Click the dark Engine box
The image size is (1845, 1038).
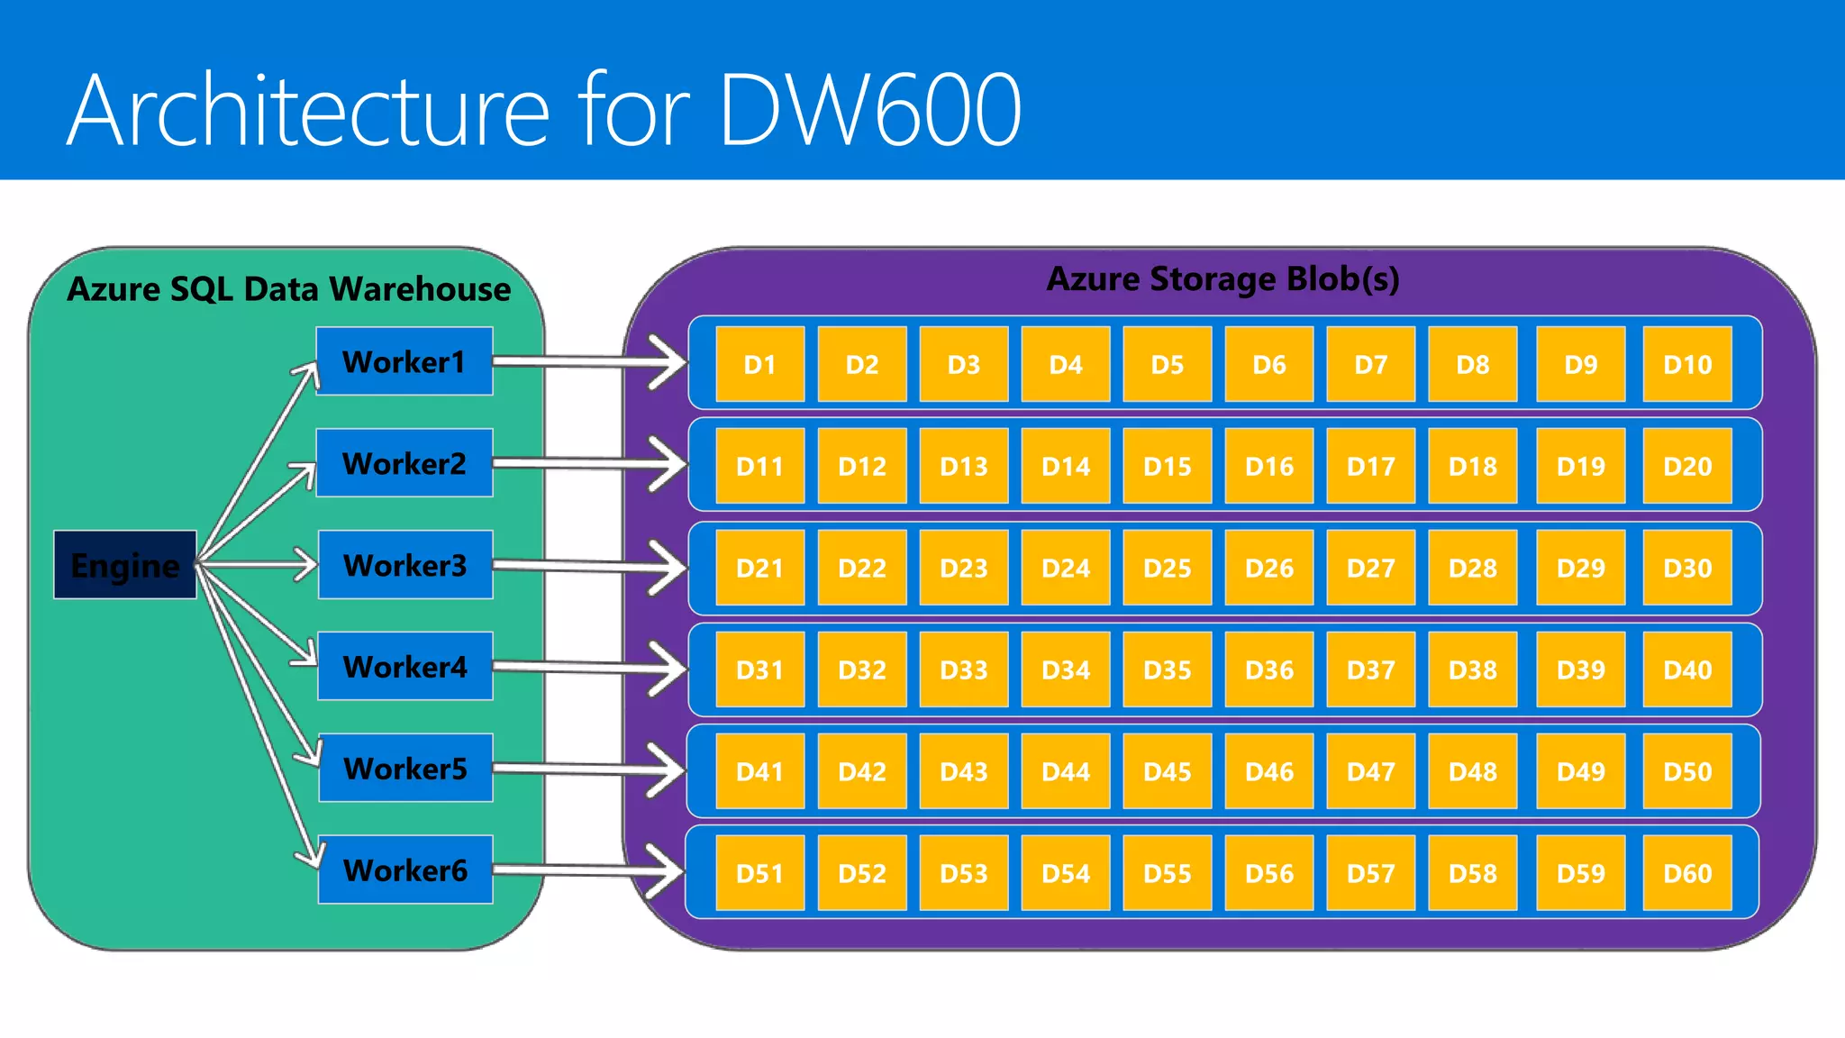click(x=125, y=565)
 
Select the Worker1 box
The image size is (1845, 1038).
click(x=404, y=361)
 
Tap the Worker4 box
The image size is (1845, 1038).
click(x=405, y=667)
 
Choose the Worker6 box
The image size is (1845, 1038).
click(x=405, y=870)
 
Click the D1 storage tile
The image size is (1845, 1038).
click(x=759, y=364)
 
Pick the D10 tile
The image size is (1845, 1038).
click(x=1687, y=364)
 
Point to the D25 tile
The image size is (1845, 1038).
click(x=1168, y=568)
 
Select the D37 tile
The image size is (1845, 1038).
click(x=1371, y=669)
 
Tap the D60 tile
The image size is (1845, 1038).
click(x=1687, y=873)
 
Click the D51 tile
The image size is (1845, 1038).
click(x=759, y=873)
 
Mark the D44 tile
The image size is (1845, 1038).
click(x=1066, y=771)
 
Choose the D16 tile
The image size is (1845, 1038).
click(x=1269, y=466)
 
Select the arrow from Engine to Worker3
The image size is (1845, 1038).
click(x=261, y=565)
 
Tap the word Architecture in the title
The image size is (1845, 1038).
click(x=307, y=109)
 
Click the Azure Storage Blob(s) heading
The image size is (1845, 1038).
click(x=1222, y=278)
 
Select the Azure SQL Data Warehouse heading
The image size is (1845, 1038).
click(x=288, y=289)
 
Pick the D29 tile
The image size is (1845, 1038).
click(x=1581, y=568)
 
